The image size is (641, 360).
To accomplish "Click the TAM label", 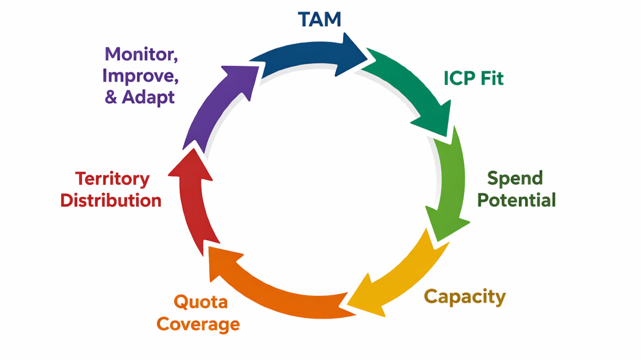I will pos(319,19).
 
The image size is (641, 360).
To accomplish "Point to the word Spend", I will pos(515,178).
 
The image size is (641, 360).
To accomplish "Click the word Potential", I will pos(516,200).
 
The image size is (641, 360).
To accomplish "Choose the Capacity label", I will pos(465,297).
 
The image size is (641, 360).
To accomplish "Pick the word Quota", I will pos(200,302).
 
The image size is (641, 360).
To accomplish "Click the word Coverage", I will pos(198,324).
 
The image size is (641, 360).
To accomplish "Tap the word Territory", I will pos(113,179).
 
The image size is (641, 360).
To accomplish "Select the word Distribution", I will pos(111,201).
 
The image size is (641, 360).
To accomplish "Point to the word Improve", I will pos(141,75).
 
